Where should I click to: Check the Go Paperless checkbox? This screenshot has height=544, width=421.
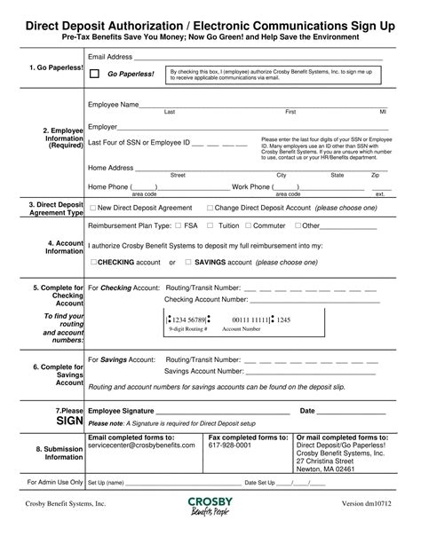94,75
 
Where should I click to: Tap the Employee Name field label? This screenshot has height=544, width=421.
113,105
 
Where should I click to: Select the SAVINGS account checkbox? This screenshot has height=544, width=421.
187,263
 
